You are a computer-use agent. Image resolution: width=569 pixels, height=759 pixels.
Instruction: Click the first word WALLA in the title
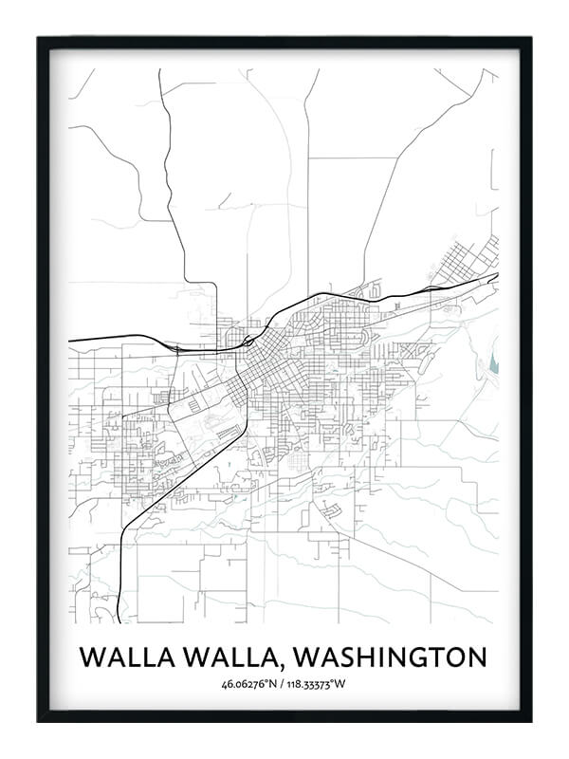pos(120,657)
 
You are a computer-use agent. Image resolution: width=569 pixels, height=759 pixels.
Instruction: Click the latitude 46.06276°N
pos(250,684)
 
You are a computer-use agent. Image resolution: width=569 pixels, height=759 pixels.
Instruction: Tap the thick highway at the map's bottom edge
pos(118,607)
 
